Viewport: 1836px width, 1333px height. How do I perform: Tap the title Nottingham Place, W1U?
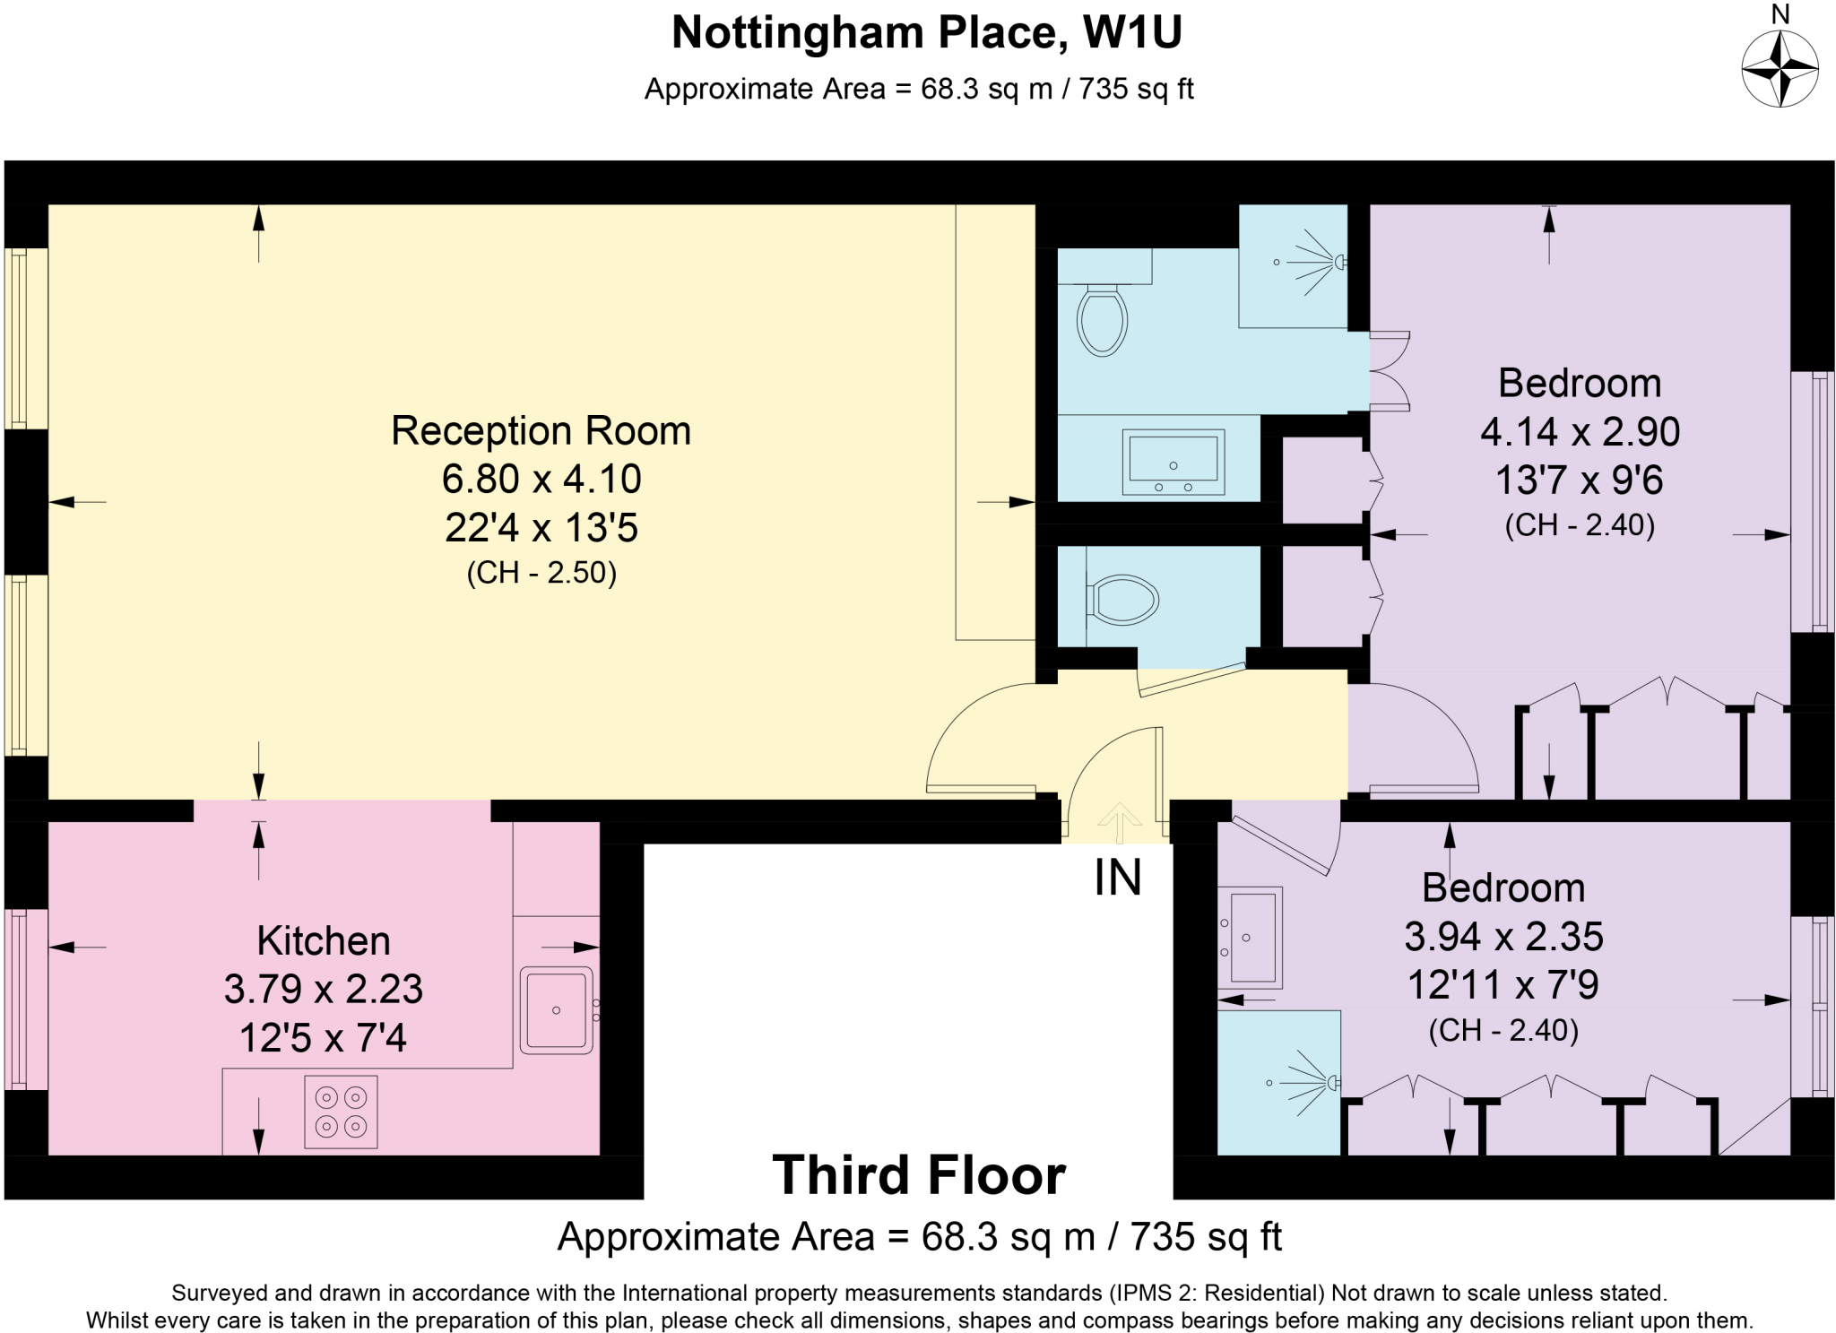coord(926,33)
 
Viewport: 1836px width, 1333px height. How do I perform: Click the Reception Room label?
coord(541,431)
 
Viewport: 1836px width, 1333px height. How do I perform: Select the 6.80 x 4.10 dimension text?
coord(541,480)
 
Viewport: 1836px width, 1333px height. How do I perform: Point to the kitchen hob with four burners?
coord(341,1112)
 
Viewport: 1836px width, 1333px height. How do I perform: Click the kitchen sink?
coord(557,1009)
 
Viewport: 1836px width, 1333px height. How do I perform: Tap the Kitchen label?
coord(324,941)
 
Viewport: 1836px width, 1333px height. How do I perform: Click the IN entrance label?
coord(1117,878)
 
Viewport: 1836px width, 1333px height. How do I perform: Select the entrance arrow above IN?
coord(1119,821)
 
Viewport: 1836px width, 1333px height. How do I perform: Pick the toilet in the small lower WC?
coord(1122,600)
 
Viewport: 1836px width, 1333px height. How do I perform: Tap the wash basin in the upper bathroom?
coord(1173,463)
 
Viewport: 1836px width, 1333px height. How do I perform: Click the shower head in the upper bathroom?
coord(1338,263)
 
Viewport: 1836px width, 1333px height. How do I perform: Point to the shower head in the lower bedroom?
coord(1333,1084)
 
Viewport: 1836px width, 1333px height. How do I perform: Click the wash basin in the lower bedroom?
coord(1251,937)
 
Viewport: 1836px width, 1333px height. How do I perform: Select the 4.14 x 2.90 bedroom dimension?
coord(1580,432)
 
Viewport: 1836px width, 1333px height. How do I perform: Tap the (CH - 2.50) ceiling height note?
coord(541,573)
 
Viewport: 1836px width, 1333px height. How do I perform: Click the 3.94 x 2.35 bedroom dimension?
coord(1503,937)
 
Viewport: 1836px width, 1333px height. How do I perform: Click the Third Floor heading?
coord(919,1175)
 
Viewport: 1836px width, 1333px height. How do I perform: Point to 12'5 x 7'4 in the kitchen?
coord(323,1038)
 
